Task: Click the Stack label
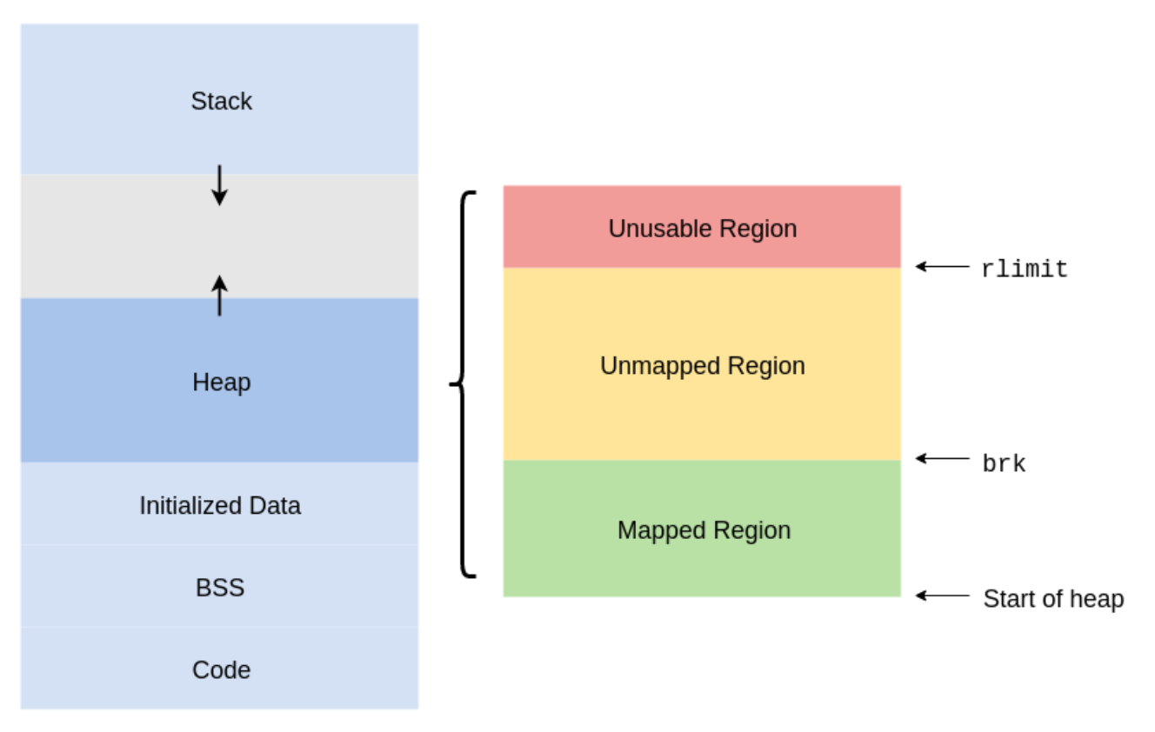coord(221,101)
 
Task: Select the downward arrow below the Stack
coord(219,184)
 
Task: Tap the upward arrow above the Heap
coord(219,295)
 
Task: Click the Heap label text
coord(221,382)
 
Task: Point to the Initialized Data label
coord(220,505)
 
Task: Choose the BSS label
coord(220,588)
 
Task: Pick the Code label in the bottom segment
coord(221,669)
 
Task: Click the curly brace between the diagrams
coord(464,383)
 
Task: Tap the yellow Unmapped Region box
coord(702,409)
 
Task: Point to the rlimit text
coord(1024,270)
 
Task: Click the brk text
coord(1004,464)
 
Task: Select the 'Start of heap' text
coord(1053,599)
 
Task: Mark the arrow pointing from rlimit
coord(942,267)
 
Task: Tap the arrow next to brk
coord(942,458)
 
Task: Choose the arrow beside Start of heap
coord(942,596)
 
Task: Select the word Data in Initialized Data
coord(276,505)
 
